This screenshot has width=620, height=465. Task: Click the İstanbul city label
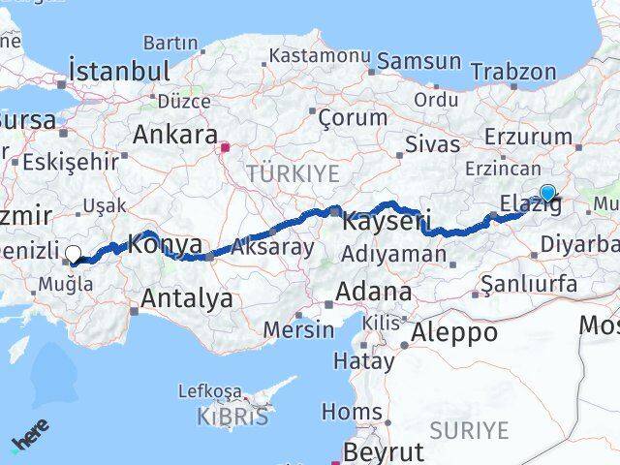119,71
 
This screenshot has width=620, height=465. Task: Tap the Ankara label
174,135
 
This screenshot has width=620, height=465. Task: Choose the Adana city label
373,291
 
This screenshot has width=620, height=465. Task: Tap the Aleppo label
454,332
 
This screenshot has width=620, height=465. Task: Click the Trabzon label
512,72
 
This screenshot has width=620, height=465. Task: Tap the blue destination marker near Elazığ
547,193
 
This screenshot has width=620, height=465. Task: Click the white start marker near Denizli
73,254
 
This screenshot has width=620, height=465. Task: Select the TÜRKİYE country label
293,173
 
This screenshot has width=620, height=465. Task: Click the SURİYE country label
469,430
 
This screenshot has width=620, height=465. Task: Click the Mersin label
298,328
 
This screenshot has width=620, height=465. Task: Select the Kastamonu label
314,55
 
